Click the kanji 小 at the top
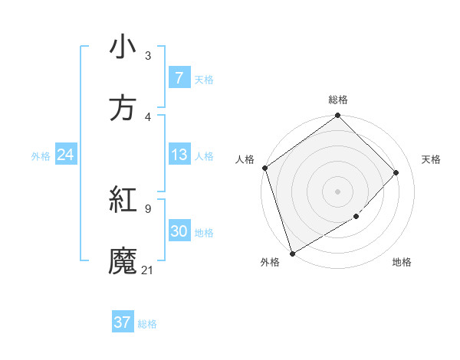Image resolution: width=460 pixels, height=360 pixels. tap(123, 47)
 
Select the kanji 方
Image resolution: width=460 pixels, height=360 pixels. tap(123, 108)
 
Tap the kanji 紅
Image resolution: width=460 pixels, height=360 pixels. tap(123, 200)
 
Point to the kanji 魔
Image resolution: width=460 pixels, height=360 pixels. tap(123, 261)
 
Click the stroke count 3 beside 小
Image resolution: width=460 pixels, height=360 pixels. tap(148, 55)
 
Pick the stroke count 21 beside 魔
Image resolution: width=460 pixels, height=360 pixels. tap(148, 270)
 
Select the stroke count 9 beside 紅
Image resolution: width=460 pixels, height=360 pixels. tap(148, 208)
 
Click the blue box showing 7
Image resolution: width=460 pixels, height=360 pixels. tap(179, 78)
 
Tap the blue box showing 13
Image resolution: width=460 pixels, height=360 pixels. tap(179, 155)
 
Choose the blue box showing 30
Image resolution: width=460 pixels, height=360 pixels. tap(179, 232)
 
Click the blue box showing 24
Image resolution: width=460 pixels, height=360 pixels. tap(65, 155)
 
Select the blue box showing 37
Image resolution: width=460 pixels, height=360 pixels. tap(123, 322)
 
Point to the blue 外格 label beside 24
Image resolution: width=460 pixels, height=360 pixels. tap(41, 156)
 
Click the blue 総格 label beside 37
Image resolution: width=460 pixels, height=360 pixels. tap(147, 323)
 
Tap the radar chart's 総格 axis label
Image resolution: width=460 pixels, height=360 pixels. tap(338, 100)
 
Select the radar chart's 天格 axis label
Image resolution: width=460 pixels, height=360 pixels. tap(432, 159)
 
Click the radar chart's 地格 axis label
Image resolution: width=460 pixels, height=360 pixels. tap(402, 263)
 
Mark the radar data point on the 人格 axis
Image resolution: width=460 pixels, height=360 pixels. tap(264, 168)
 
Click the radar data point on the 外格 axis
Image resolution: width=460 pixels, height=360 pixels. tap(292, 253)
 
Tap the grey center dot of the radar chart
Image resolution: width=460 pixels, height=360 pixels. tap(337, 191)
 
